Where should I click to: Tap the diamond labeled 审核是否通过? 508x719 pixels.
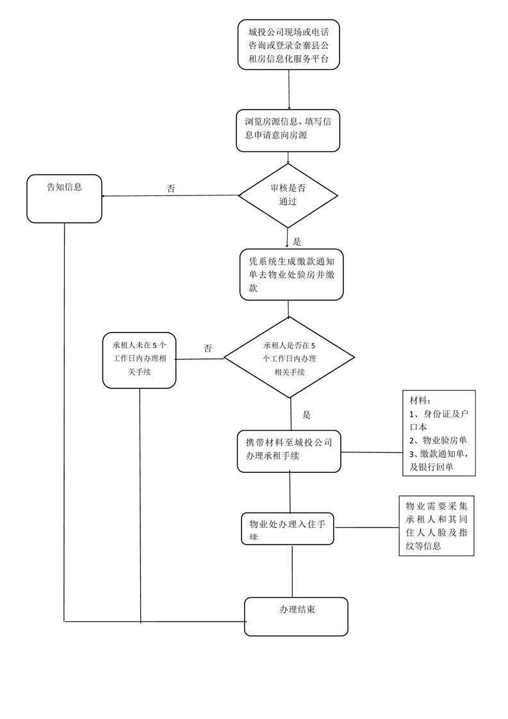point(288,195)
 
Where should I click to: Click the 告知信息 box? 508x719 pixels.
point(64,199)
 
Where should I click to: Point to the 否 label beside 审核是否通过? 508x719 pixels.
point(171,189)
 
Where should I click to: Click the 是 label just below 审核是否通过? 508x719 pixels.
point(297,242)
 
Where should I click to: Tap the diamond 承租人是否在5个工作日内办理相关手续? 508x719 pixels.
point(289,358)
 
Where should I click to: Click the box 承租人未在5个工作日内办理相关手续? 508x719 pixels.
point(139,359)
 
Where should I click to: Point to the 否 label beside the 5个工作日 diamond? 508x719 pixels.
point(208,349)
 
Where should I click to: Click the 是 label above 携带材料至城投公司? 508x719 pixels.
point(306,415)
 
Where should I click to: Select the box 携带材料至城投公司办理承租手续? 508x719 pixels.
point(289,451)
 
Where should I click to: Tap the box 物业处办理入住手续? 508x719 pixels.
point(288,529)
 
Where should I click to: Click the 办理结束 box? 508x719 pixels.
point(296,616)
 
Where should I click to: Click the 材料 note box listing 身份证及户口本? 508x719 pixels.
point(439,434)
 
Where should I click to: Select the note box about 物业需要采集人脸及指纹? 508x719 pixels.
point(436,525)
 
